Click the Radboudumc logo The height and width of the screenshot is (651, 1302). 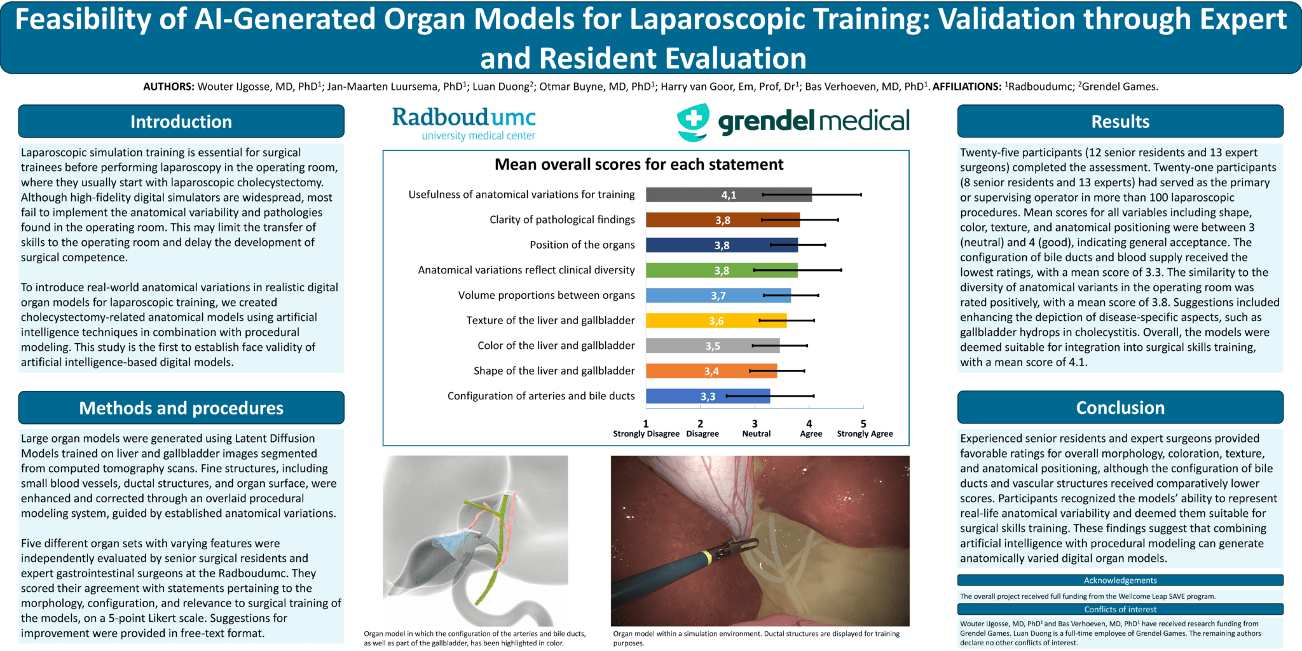[x=463, y=122]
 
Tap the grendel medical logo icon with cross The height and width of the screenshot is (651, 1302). [x=693, y=121]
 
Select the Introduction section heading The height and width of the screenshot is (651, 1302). [x=181, y=121]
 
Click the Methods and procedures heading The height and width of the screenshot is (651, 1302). [x=181, y=408]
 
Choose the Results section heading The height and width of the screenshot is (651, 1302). [x=1120, y=121]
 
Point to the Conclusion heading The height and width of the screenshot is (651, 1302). [x=1120, y=408]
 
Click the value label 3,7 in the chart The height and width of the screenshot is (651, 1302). [x=718, y=296]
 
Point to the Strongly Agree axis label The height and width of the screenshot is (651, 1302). [x=865, y=434]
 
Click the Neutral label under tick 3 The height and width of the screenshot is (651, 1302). [x=756, y=434]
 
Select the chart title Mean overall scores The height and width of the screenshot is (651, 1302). [x=639, y=165]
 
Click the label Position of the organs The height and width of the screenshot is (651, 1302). [x=582, y=245]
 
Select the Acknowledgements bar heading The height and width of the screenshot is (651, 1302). [x=1120, y=580]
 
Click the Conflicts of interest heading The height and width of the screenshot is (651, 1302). [x=1120, y=609]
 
